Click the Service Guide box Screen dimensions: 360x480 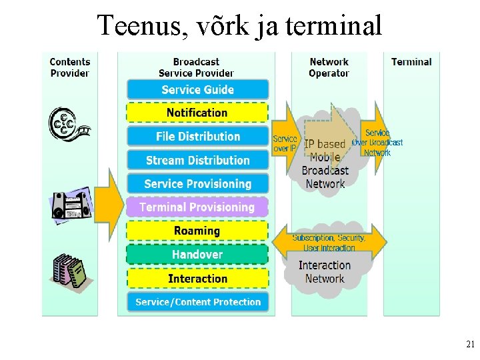coord(197,89)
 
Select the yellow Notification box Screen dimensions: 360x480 coord(197,113)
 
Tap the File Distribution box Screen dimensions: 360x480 coord(197,137)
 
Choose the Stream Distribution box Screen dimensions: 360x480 coord(197,160)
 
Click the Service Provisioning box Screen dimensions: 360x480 coord(197,183)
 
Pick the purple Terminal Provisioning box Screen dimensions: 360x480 coord(197,207)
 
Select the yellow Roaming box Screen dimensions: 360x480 coord(197,231)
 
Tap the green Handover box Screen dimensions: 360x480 coord(197,254)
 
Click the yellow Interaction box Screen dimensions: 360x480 coord(197,278)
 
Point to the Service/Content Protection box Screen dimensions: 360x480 coord(197,302)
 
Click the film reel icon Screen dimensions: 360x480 coord(67,124)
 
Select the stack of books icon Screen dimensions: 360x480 coord(71,270)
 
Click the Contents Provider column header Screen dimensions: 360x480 coord(70,67)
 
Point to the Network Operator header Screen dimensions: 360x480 coord(329,67)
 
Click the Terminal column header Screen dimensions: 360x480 coord(411,62)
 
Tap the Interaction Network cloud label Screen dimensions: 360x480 coord(325,272)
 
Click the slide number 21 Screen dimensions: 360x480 coord(470,345)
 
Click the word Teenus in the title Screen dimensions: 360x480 coord(137,26)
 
